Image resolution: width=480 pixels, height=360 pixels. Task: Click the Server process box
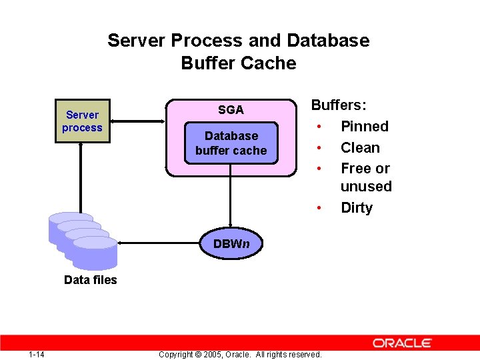tap(82, 121)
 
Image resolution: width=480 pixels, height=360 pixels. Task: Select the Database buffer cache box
tap(231, 143)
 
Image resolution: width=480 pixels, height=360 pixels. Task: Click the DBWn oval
tap(231, 243)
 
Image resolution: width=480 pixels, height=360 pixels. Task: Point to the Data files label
tap(90, 280)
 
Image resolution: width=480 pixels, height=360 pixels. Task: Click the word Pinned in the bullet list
tap(364, 126)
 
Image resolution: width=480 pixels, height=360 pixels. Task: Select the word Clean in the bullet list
tap(360, 148)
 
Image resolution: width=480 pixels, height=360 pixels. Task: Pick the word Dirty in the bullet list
tap(357, 207)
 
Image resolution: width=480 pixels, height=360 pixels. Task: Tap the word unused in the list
tap(366, 187)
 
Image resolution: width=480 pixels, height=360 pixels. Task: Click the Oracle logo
tap(402, 343)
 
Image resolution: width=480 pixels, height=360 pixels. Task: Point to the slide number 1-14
tap(37, 354)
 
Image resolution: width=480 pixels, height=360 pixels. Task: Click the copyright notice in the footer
tap(240, 354)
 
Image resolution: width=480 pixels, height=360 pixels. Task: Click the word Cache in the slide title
tap(267, 63)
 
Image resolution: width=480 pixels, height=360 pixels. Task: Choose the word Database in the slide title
tap(327, 41)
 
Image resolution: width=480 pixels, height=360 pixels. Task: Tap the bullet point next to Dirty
tap(321, 208)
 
